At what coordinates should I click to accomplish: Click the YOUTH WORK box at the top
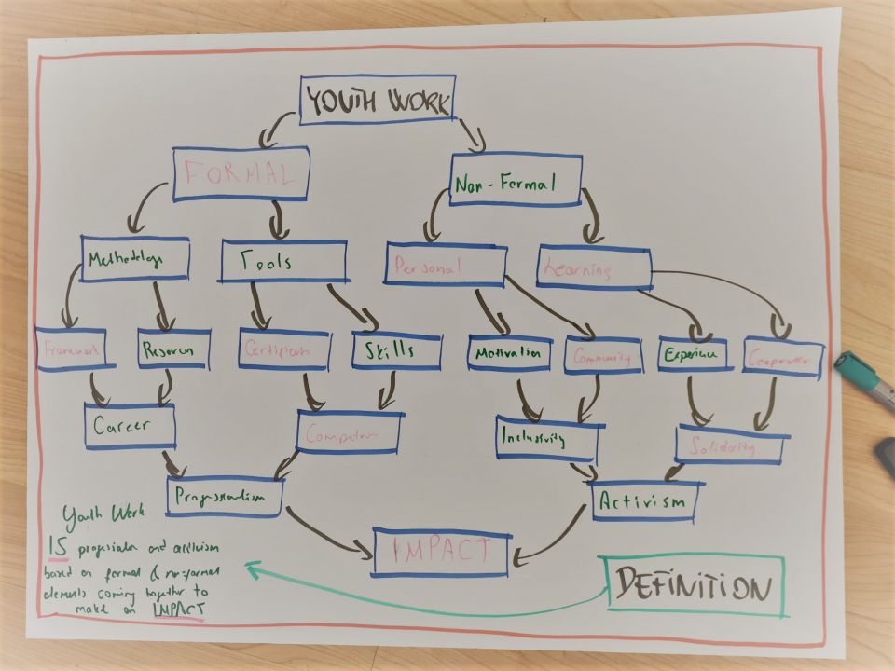(378, 100)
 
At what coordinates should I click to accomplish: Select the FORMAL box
(241, 173)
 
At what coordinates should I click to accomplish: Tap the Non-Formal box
(516, 180)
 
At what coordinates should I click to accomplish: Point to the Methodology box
(134, 259)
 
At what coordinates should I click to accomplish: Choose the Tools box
(283, 261)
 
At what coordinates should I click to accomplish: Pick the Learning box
(593, 268)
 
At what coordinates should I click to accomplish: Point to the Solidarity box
(732, 445)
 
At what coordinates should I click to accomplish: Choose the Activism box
(647, 501)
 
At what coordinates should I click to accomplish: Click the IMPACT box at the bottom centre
(442, 550)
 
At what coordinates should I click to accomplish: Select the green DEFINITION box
(695, 584)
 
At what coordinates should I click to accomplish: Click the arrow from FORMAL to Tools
(278, 220)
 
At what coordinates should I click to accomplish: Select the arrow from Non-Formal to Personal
(434, 222)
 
